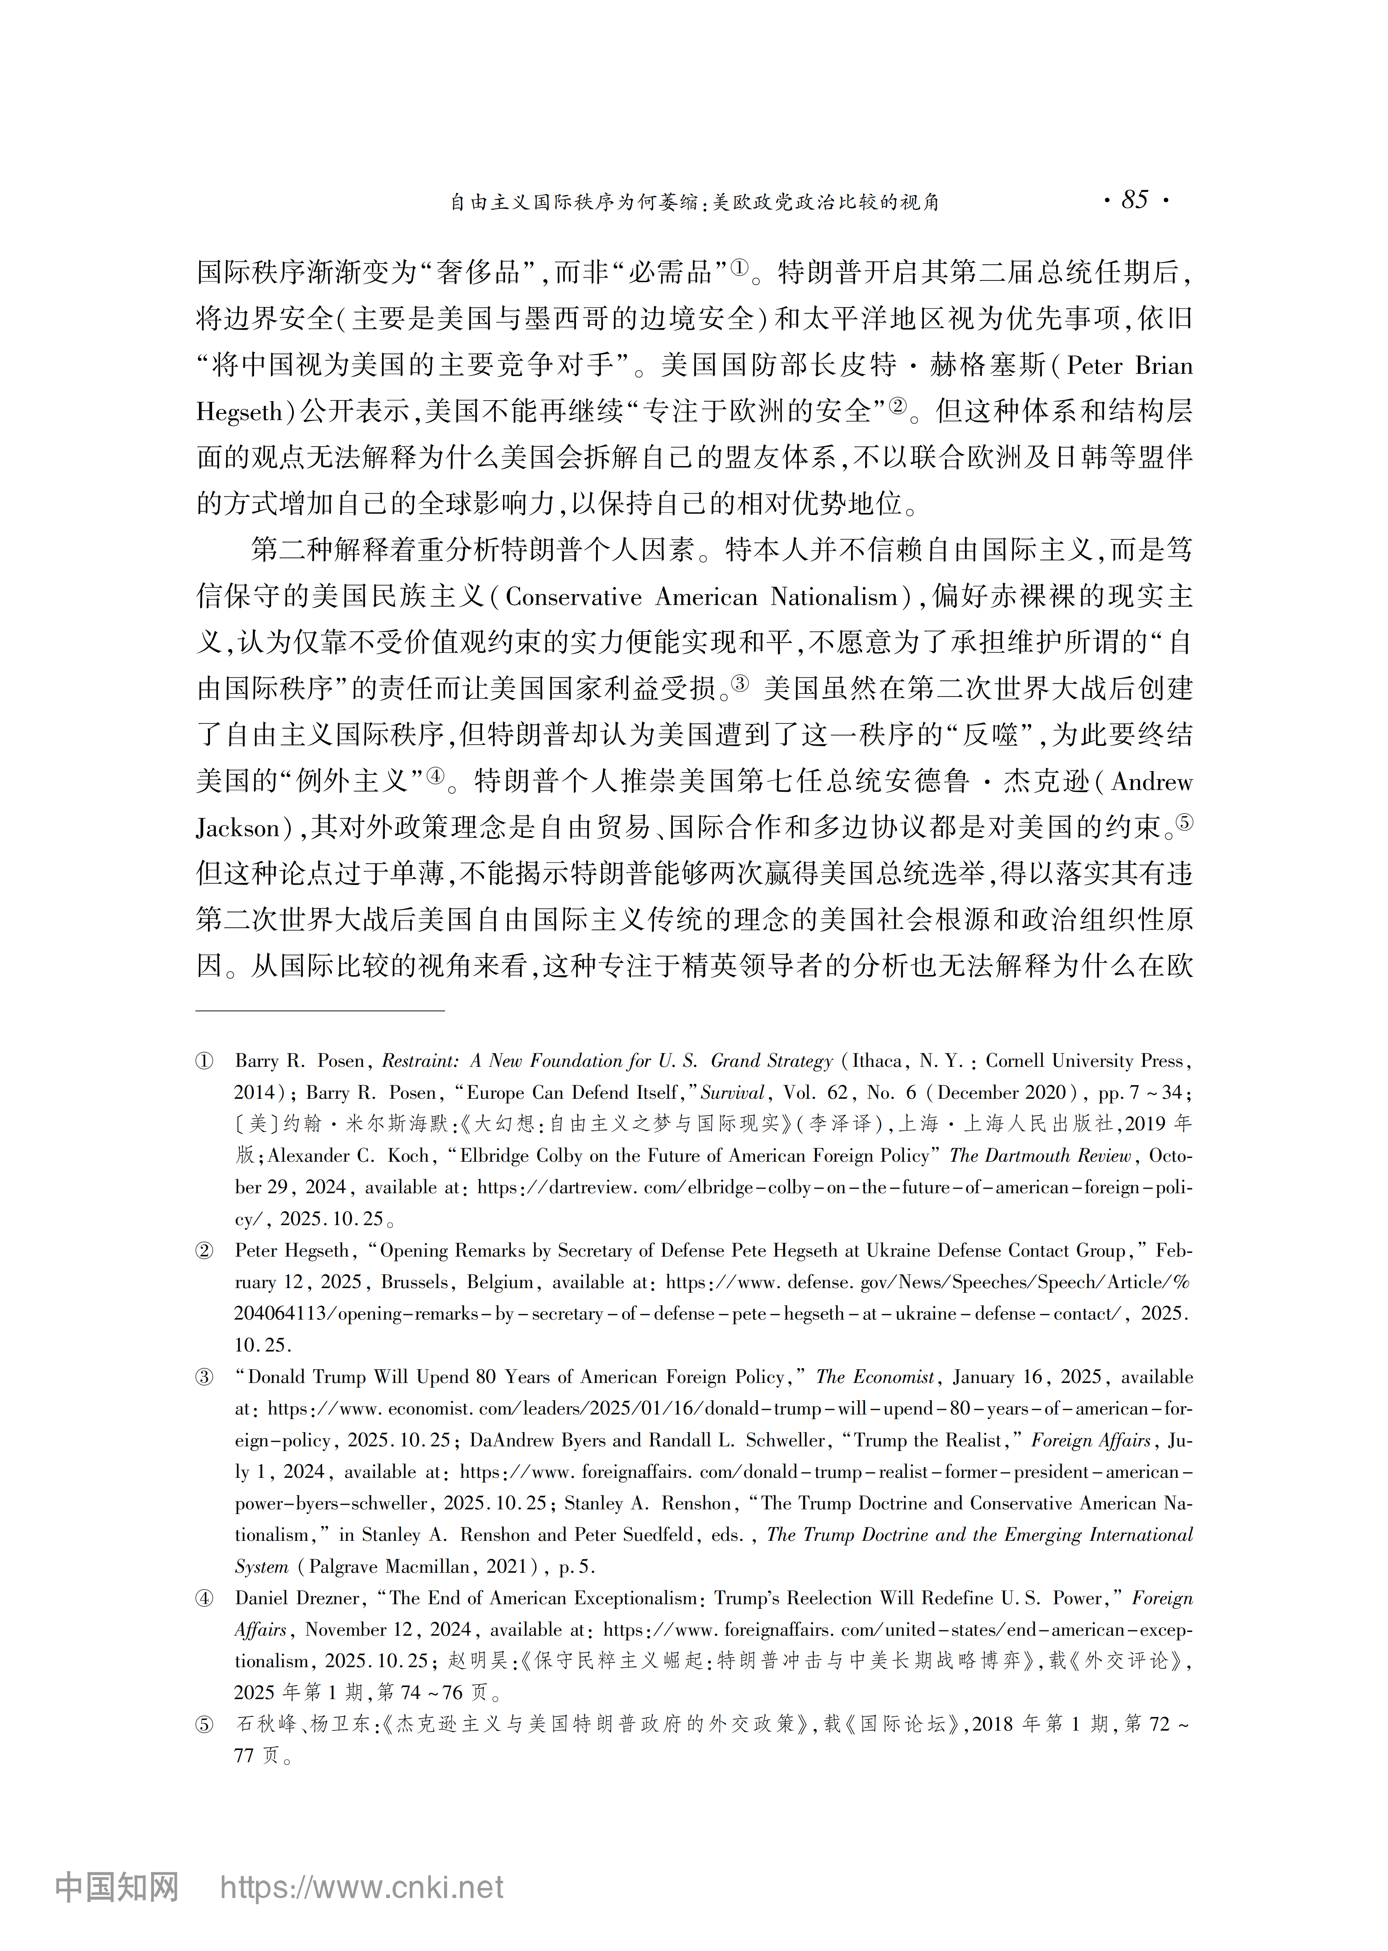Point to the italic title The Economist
pyautogui.click(x=875, y=1377)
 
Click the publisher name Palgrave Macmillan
pyautogui.click(x=389, y=1567)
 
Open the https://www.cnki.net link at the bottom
pyautogui.click(x=362, y=1887)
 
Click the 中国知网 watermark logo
pyautogui.click(x=117, y=1887)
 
